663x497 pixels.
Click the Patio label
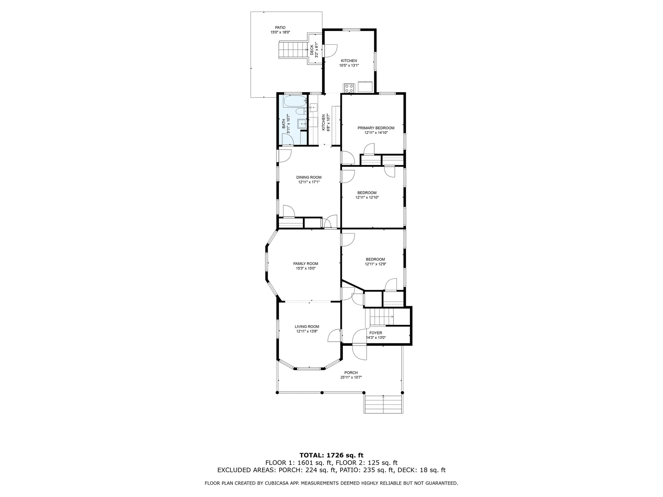point(280,28)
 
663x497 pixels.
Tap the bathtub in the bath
point(295,101)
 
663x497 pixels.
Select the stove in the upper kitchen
point(349,88)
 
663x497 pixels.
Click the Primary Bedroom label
point(376,128)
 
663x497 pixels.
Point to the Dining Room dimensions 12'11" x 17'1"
point(309,182)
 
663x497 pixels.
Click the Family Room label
point(306,264)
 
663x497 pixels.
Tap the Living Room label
point(307,327)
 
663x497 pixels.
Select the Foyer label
point(375,333)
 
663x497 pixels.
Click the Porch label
point(351,373)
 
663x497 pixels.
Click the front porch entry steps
point(383,404)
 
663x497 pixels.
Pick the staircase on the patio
point(292,50)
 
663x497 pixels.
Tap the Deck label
point(312,50)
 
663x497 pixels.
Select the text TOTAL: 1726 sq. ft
point(331,456)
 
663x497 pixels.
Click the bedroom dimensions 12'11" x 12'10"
point(367,198)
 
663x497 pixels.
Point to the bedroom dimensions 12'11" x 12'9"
point(375,264)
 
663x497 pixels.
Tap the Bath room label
point(284,124)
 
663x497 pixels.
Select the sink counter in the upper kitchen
point(365,87)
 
